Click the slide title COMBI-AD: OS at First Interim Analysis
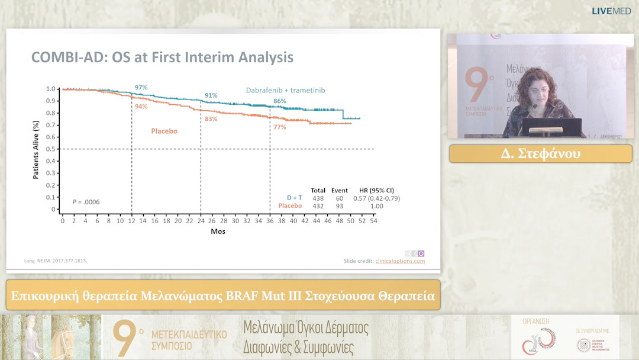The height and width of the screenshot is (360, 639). (x=162, y=58)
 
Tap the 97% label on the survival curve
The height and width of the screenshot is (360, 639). (x=141, y=88)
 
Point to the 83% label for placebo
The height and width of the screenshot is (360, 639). (x=211, y=119)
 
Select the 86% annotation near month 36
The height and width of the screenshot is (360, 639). (x=279, y=101)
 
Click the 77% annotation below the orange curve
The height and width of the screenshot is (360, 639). (x=279, y=127)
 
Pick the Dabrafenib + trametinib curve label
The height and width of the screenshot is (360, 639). (x=286, y=90)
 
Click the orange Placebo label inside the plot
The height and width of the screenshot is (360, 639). (x=164, y=131)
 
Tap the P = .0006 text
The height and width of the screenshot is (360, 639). (x=86, y=202)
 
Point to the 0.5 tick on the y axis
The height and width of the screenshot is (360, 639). (x=51, y=149)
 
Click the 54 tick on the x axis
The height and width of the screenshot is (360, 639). (x=373, y=221)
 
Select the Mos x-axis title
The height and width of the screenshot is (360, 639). (x=218, y=231)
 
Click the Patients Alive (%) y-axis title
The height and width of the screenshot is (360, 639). (x=36, y=149)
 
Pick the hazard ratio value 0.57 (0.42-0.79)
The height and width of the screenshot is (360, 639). (x=376, y=198)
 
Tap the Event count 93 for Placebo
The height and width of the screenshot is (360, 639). (x=340, y=206)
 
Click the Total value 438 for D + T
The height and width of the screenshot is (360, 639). (x=318, y=198)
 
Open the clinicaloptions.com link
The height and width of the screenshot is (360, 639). (x=400, y=261)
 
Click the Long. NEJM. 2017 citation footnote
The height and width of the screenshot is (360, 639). (x=55, y=261)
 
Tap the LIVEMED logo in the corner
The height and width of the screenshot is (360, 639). (x=611, y=11)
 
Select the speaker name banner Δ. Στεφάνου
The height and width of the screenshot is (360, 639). (x=540, y=154)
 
